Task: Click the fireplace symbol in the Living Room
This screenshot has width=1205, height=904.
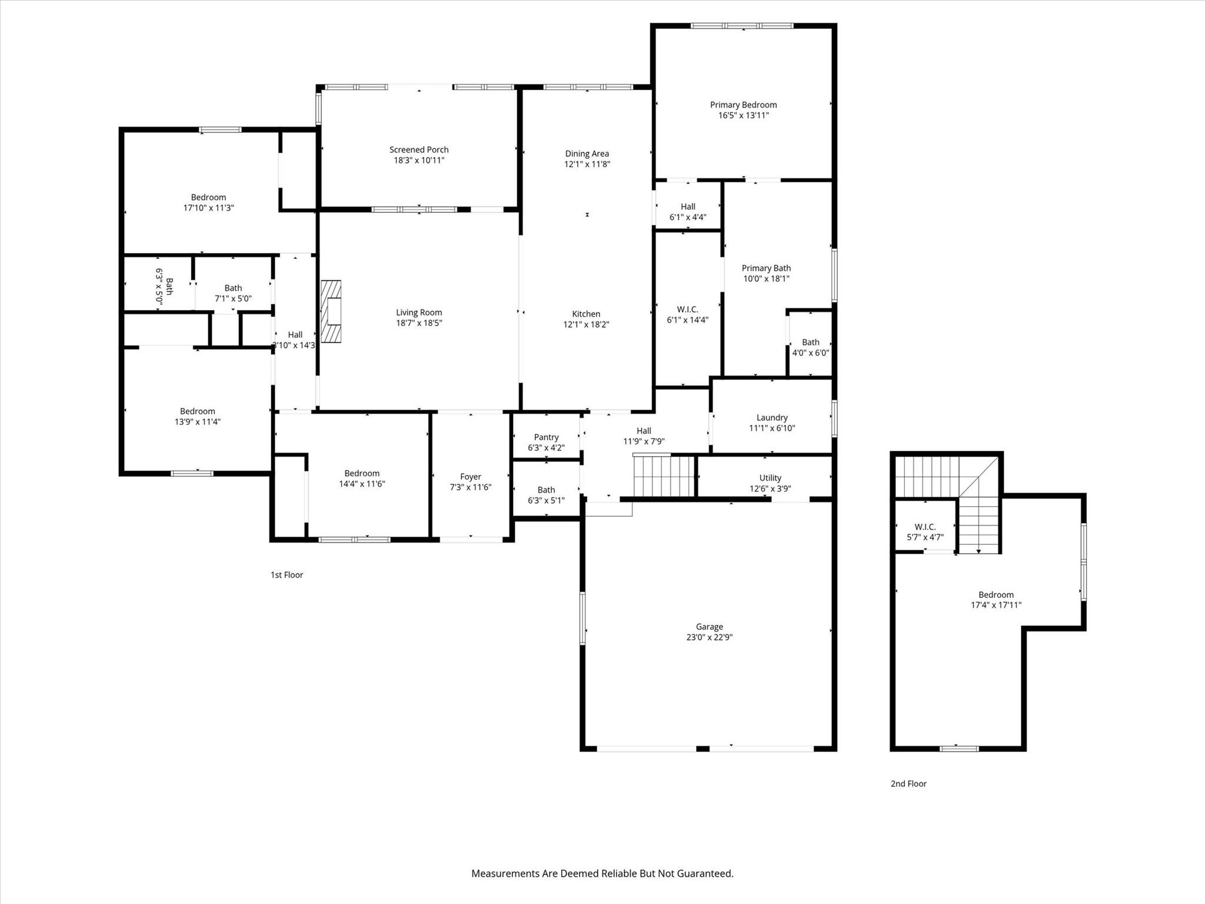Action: [331, 312]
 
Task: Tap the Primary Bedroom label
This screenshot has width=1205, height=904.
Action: [743, 105]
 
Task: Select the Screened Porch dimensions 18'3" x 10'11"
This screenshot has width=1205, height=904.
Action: [419, 160]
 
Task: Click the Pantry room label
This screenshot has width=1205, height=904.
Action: [546, 437]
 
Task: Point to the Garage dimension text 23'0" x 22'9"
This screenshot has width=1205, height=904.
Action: [709, 637]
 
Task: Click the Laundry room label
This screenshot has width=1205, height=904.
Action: [772, 417]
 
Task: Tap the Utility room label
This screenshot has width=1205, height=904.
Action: [770, 478]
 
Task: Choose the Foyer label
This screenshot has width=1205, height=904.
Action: [470, 477]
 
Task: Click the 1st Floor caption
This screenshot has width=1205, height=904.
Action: [287, 575]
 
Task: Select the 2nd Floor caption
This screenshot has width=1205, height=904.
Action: [908, 783]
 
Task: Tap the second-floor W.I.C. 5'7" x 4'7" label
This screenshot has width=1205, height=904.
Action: [925, 527]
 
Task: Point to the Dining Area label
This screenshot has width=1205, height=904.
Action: [587, 154]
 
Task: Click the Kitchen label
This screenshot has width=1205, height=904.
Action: [586, 314]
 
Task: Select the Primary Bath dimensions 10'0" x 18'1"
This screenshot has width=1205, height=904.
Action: [766, 278]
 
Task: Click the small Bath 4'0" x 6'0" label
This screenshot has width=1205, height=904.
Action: [810, 342]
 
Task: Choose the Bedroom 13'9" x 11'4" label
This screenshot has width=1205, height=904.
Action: [197, 411]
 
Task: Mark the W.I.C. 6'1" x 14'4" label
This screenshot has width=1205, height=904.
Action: [687, 310]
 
